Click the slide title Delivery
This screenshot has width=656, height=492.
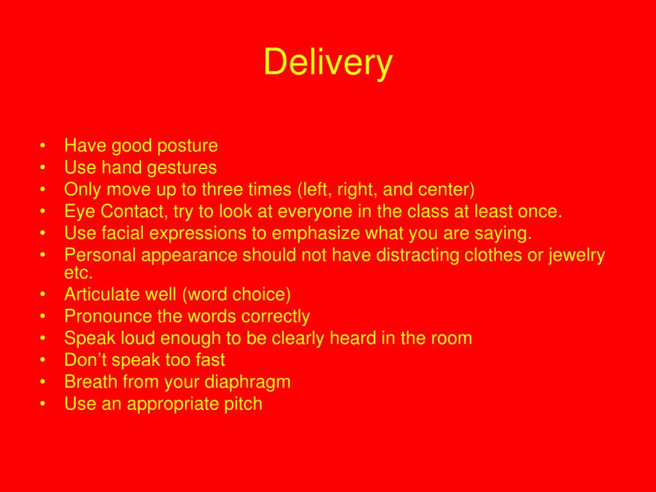[x=328, y=63]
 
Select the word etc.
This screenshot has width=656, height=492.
[x=78, y=273]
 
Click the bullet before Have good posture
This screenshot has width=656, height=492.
[x=42, y=146]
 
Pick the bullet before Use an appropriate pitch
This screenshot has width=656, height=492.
[x=42, y=404]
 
